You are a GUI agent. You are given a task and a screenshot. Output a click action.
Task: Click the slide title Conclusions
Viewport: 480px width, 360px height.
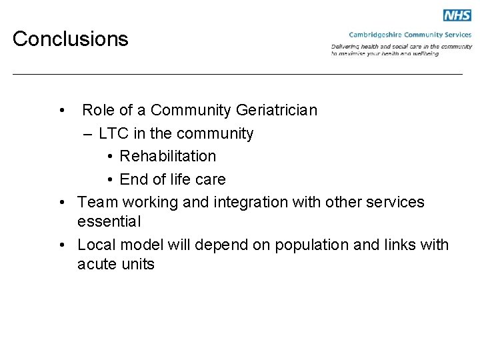(70, 39)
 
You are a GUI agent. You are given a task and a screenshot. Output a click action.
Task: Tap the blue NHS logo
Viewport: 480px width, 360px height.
(457, 15)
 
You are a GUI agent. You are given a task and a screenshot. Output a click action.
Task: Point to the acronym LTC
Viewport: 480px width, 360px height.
(113, 133)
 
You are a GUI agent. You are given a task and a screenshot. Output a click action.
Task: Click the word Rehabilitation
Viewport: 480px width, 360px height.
(167, 156)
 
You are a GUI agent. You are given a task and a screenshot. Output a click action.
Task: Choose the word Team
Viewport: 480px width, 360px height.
(97, 202)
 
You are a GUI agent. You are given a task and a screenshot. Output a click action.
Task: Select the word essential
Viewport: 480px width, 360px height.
(109, 221)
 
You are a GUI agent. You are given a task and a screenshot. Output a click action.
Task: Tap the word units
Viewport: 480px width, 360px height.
(139, 264)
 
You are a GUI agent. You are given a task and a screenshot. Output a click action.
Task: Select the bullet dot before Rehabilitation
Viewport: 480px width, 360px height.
(110, 157)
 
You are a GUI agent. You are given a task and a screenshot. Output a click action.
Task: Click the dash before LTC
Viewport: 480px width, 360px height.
(89, 133)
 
